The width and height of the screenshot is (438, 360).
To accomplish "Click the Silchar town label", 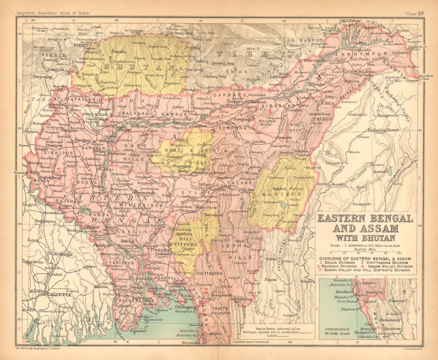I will pyautogui.click(x=248, y=190).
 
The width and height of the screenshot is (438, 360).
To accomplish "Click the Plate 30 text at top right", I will pyautogui.click(x=415, y=13).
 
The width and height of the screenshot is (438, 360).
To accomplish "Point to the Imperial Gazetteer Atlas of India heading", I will pyautogui.click(x=53, y=13).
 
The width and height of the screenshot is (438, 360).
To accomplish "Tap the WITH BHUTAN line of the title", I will pyautogui.click(x=366, y=238).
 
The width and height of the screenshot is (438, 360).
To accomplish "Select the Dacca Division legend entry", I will pyautogui.click(x=340, y=262).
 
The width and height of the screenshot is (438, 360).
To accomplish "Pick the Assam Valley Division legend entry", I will pyautogui.click(x=391, y=266).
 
